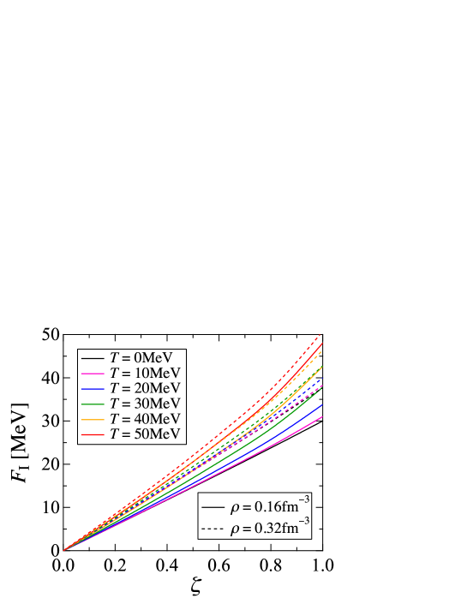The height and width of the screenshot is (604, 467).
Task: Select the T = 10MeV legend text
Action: pyautogui.click(x=145, y=373)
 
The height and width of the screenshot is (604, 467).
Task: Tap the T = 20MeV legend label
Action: pyautogui.click(x=145, y=388)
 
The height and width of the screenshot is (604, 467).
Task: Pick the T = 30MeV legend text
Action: pyautogui.click(x=145, y=404)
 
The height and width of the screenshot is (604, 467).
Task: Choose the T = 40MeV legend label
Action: pyautogui.click(x=145, y=419)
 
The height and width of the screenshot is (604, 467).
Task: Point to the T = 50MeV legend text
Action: pyautogui.click(x=145, y=434)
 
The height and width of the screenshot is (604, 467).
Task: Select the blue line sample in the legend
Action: pyautogui.click(x=93, y=389)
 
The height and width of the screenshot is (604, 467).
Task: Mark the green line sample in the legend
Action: pyautogui.click(x=93, y=404)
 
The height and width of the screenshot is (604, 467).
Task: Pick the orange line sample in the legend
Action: pyautogui.click(x=93, y=420)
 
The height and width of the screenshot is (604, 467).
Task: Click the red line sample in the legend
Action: pyautogui.click(x=93, y=435)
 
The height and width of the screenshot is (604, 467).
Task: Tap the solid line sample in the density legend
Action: pyautogui.click(x=212, y=508)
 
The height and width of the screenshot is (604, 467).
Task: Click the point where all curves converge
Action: pyautogui.click(x=63, y=551)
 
